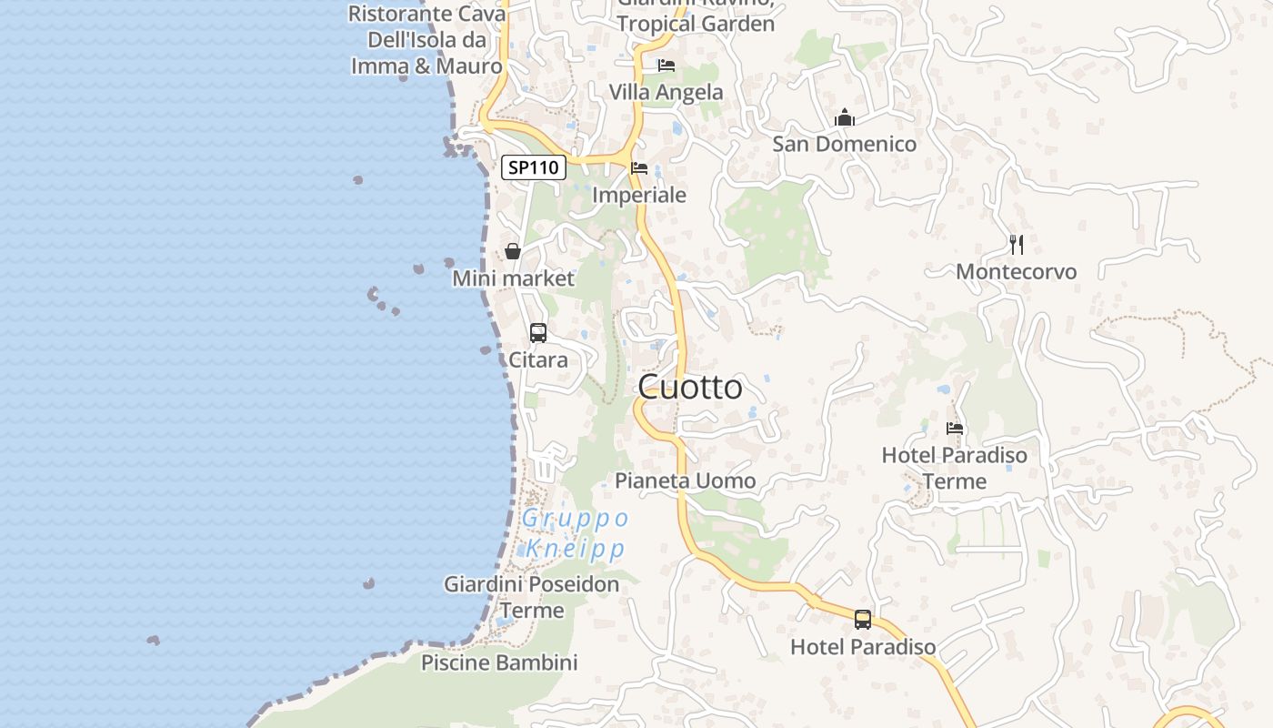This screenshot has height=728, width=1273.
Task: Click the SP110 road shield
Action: (x=534, y=167)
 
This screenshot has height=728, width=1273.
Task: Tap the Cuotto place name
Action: (x=690, y=388)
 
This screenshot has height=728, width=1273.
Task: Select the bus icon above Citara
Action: (x=538, y=333)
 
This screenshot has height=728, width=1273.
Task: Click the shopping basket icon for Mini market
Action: (x=513, y=251)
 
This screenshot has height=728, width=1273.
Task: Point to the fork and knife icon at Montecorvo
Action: (x=1017, y=244)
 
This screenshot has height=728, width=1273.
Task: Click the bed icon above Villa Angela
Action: (x=667, y=66)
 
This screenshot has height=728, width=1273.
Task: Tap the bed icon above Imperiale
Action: (x=639, y=168)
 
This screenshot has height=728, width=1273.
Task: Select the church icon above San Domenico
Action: (x=845, y=117)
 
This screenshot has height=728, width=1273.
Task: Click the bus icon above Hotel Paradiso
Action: (x=863, y=620)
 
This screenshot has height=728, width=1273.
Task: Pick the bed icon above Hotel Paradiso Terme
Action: (x=955, y=428)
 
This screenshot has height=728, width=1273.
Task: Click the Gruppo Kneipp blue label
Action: (x=576, y=533)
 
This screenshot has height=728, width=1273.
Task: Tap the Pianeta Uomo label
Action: (x=686, y=480)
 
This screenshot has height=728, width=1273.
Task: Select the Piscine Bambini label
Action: (x=499, y=662)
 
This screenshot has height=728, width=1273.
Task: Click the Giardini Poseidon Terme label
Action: (x=531, y=597)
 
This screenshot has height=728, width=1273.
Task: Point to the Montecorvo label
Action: (x=1016, y=271)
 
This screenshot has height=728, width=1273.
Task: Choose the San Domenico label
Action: (x=844, y=144)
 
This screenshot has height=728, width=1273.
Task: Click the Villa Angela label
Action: (x=667, y=92)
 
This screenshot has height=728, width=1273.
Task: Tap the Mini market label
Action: (x=514, y=278)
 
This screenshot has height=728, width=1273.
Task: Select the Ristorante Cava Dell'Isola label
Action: (x=426, y=40)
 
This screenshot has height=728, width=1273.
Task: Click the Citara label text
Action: (x=538, y=359)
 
